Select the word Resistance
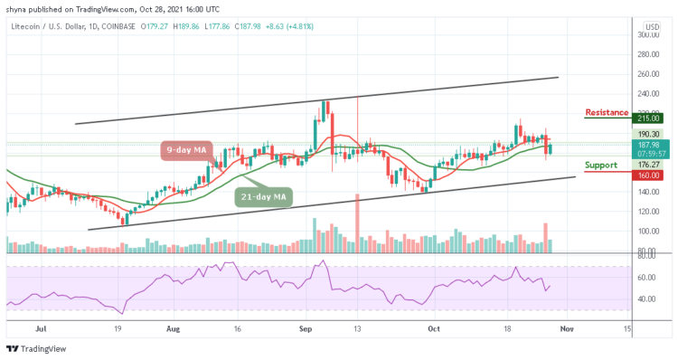[607, 112]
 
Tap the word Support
[601, 166]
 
